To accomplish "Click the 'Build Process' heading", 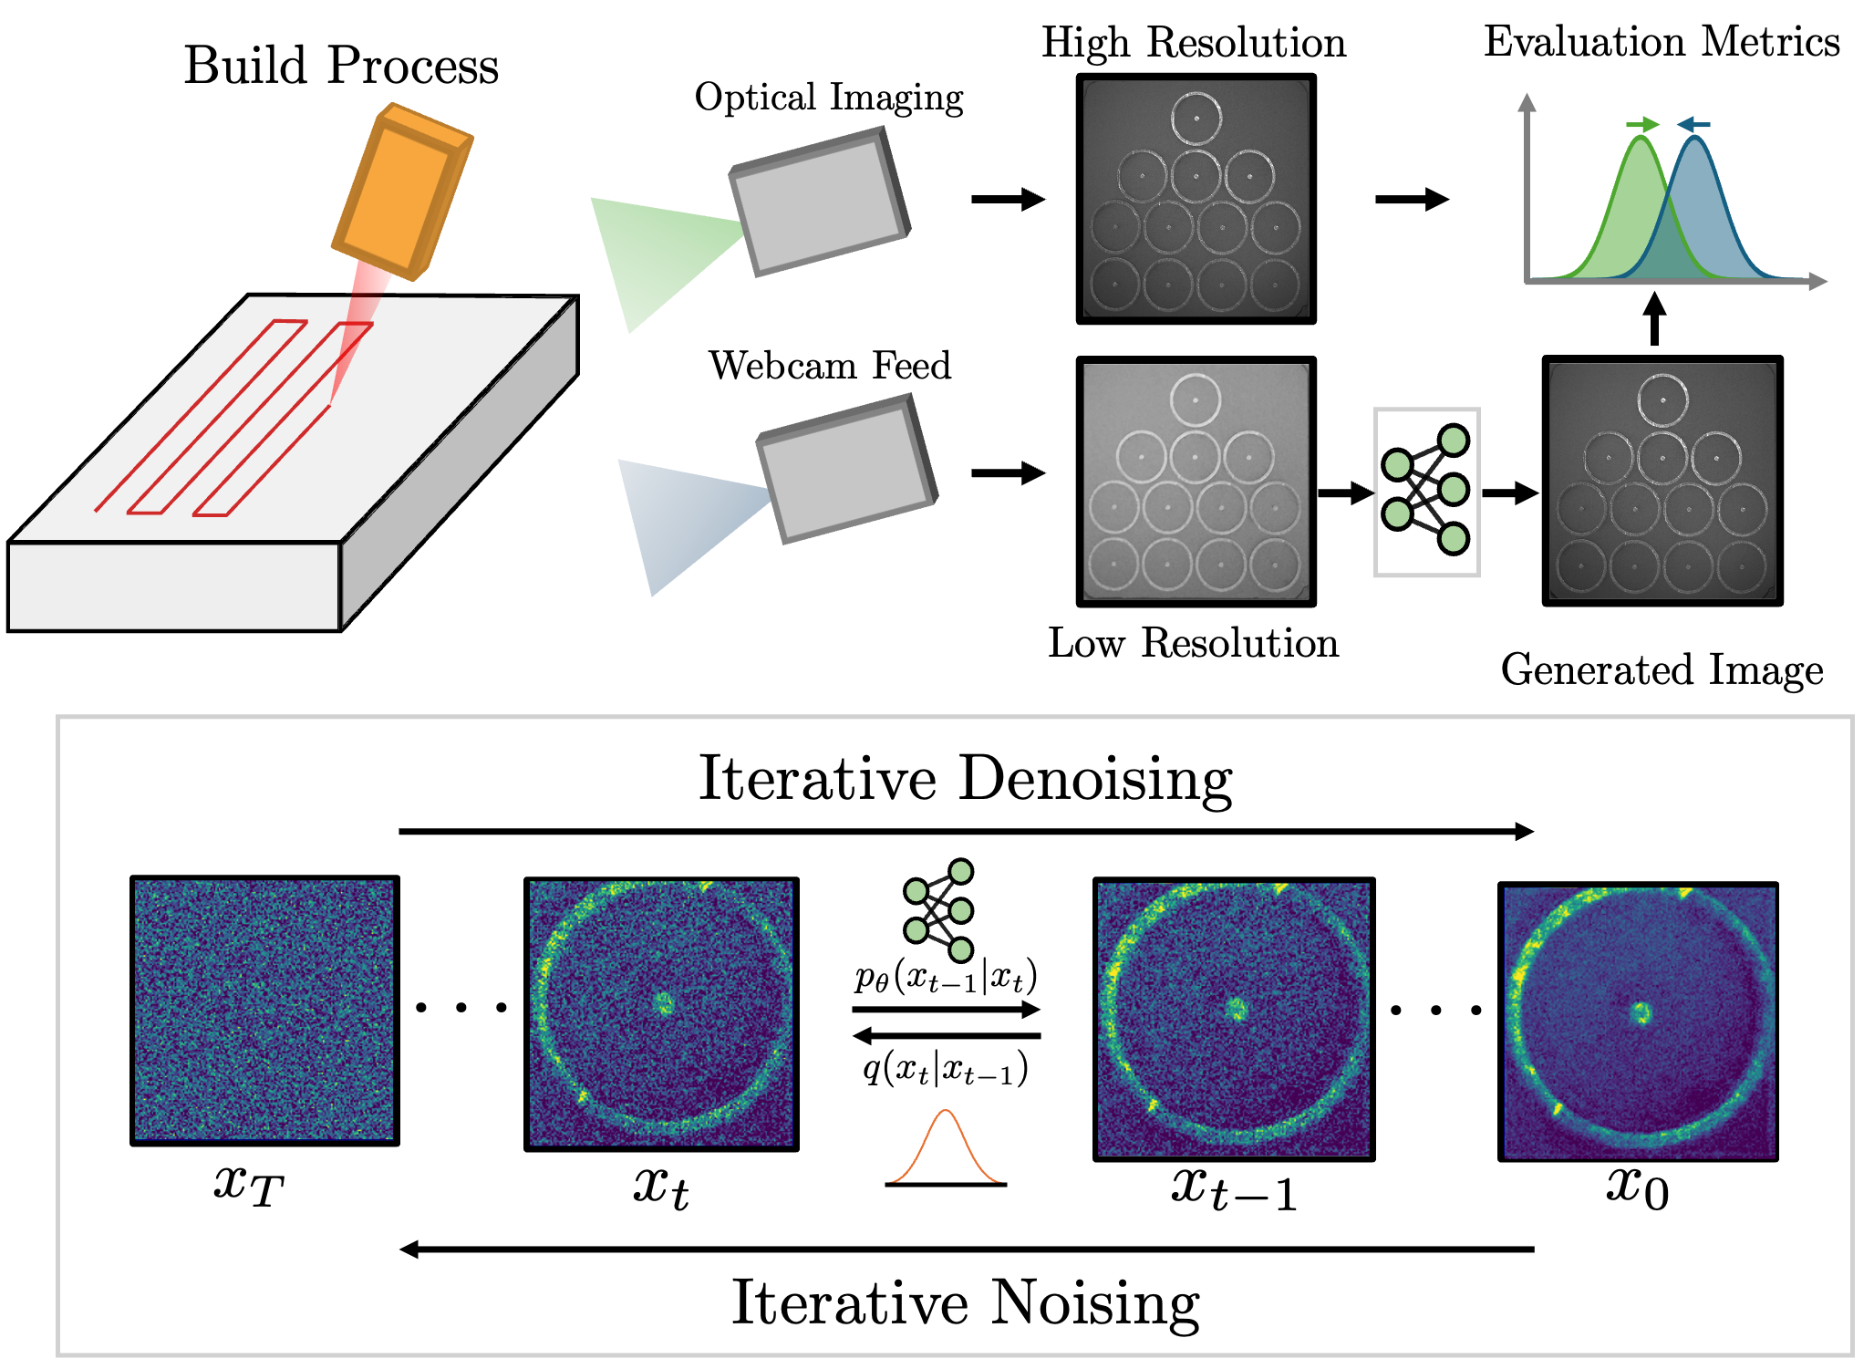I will coord(341,66).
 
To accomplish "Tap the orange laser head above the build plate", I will coord(401,192).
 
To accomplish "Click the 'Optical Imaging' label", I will coord(828,98).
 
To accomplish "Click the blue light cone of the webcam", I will coord(684,520).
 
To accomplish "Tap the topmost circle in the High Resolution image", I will coord(1196,119).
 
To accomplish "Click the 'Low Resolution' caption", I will coord(1193,643).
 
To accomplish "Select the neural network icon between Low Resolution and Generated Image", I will coord(1426,492).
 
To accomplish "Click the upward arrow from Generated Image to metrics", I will coord(1654,318).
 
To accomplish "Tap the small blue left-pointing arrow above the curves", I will coord(1694,124).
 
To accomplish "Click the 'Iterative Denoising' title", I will coord(965,779).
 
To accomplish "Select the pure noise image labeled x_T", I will coord(264,1010).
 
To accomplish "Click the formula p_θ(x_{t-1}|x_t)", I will coord(946,977).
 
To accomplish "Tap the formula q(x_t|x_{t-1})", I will coord(946,1067).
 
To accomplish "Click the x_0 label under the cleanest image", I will coord(1638,1188).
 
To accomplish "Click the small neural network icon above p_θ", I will coord(939,909).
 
